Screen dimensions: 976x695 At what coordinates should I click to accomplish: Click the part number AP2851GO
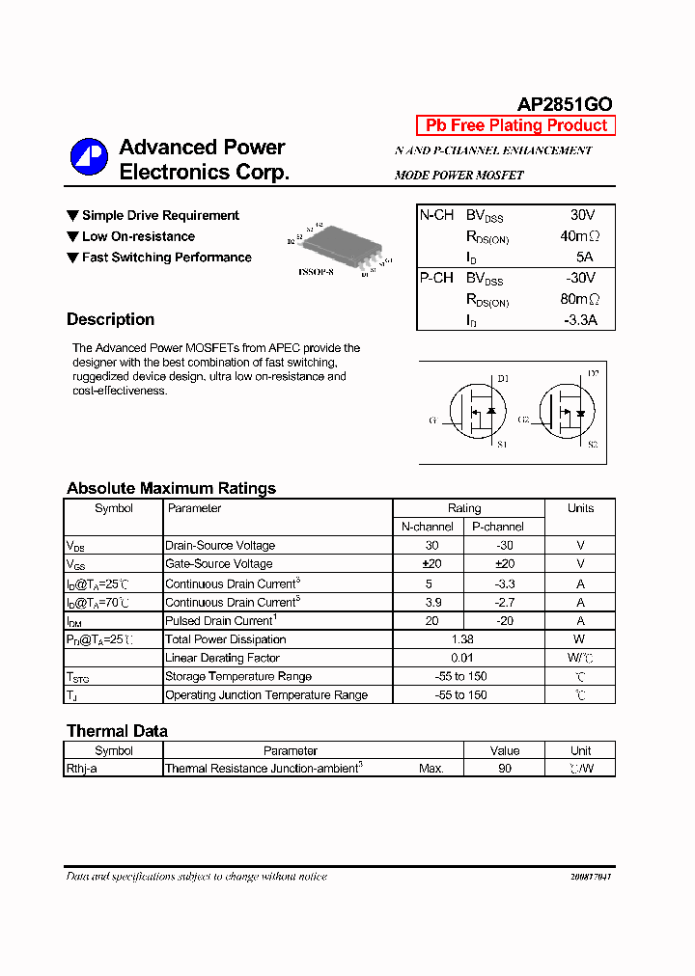pos(565,104)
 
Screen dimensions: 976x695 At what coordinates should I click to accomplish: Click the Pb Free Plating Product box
pos(515,125)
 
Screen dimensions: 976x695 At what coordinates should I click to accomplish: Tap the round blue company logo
pos(89,158)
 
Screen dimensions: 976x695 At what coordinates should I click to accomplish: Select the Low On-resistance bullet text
pos(138,236)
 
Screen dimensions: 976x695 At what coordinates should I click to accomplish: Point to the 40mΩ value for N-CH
pos(579,236)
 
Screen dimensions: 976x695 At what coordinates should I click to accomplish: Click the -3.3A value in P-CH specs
pos(577,320)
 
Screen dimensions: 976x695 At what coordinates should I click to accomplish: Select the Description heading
pos(110,319)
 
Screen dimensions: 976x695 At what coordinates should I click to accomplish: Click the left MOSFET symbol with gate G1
pos(474,413)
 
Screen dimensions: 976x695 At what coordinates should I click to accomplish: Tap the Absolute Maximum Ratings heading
pos(171,488)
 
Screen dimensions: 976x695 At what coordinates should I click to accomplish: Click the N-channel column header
pos(428,527)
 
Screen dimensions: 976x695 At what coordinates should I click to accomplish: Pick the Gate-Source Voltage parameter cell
pos(219,564)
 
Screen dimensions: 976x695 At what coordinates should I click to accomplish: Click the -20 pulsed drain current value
pos(504,620)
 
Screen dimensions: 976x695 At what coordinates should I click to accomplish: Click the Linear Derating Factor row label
pos(222,658)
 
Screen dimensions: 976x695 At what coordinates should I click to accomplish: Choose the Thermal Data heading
pos(117,731)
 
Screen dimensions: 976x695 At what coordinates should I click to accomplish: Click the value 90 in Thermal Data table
pos(504,769)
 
